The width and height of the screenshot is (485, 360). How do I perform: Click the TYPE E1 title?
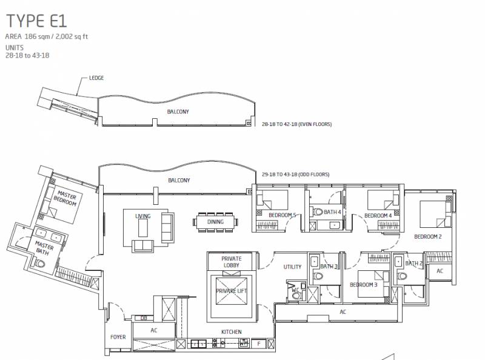(36, 21)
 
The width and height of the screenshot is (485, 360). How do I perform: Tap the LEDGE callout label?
(96, 78)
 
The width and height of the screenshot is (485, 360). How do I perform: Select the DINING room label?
(215, 222)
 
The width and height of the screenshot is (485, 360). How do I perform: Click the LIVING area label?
(143, 216)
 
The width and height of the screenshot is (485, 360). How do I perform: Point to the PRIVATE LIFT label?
(232, 291)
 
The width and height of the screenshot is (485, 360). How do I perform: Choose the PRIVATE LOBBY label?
(232, 262)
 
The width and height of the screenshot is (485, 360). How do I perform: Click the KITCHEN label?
(232, 332)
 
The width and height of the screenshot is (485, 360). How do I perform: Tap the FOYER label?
(118, 337)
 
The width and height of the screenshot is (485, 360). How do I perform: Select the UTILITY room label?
(292, 267)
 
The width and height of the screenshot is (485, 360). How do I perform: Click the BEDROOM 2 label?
(428, 236)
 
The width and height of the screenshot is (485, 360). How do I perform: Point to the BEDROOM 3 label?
(363, 284)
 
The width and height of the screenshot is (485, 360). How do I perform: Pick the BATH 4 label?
(332, 212)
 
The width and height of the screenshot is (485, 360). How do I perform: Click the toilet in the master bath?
(40, 264)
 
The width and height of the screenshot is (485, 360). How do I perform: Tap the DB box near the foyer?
(143, 318)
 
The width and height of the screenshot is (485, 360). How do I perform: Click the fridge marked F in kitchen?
(259, 344)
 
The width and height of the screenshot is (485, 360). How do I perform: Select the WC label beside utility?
(295, 290)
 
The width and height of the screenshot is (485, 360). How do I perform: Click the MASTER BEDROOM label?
(65, 199)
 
